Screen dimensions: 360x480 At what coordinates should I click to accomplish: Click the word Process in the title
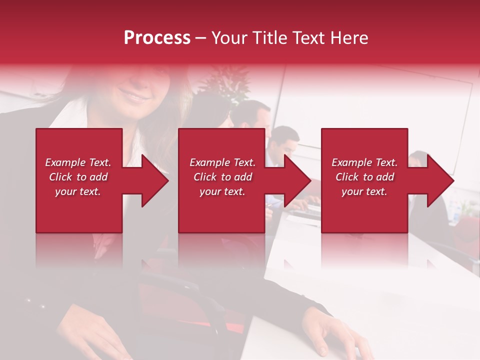pyautogui.click(x=157, y=37)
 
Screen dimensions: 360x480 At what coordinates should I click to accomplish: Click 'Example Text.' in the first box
pyautogui.click(x=78, y=162)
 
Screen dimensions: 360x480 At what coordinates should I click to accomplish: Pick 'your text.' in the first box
pyautogui.click(x=78, y=191)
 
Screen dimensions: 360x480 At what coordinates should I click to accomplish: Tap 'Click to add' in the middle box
pyautogui.click(x=222, y=177)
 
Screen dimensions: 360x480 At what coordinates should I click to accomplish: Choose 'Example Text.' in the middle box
pyautogui.click(x=222, y=162)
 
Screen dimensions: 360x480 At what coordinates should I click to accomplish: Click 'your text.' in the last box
pyautogui.click(x=364, y=191)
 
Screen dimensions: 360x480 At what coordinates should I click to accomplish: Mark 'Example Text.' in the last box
pyautogui.click(x=364, y=162)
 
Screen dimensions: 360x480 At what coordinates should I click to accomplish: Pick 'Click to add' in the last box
pyautogui.click(x=364, y=177)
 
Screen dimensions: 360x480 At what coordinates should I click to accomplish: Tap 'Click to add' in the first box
pyautogui.click(x=78, y=177)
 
